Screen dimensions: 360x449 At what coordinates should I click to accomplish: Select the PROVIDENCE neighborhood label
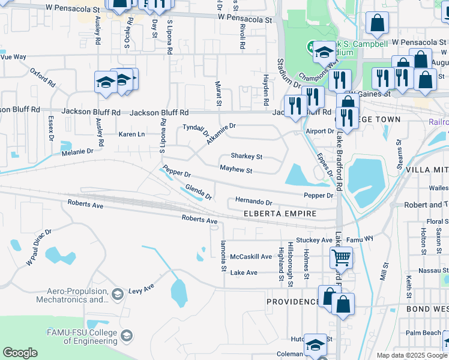292,302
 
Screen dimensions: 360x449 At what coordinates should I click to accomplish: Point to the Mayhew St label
236,170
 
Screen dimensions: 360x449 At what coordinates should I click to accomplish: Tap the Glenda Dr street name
199,193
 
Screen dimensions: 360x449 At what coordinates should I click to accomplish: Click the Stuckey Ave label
310,240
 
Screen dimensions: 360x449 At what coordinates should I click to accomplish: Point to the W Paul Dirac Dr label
39,246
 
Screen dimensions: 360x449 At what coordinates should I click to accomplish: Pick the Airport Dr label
319,131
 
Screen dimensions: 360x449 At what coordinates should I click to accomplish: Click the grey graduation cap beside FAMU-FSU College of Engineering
127,335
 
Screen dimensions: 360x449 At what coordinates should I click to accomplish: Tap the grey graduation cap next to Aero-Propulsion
118,293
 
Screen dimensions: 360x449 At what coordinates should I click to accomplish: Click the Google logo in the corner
20,353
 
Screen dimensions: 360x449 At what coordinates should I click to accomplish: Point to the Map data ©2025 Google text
412,355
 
